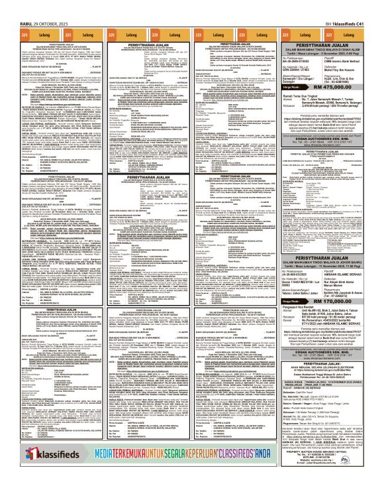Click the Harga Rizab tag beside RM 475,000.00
pos(289,87)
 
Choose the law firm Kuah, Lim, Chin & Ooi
pos(338,78)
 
